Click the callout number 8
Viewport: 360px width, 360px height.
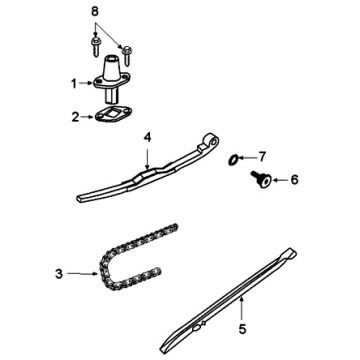[95, 12]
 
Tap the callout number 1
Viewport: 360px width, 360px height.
[74, 84]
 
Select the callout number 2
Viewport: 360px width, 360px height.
[75, 117]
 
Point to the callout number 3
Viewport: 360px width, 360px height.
[59, 275]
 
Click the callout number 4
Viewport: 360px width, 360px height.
[147, 137]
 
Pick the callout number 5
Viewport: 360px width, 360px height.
[242, 329]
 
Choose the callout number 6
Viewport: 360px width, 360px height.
[294, 180]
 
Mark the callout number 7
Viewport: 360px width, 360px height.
[262, 156]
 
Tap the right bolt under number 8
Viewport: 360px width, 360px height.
[127, 55]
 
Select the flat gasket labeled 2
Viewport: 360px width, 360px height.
[112, 114]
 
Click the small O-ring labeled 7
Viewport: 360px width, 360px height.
[233, 160]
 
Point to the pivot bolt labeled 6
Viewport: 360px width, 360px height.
[262, 179]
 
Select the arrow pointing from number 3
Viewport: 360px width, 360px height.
[83, 274]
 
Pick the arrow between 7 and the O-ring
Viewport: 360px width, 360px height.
[247, 157]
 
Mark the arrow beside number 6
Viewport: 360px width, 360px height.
[280, 180]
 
